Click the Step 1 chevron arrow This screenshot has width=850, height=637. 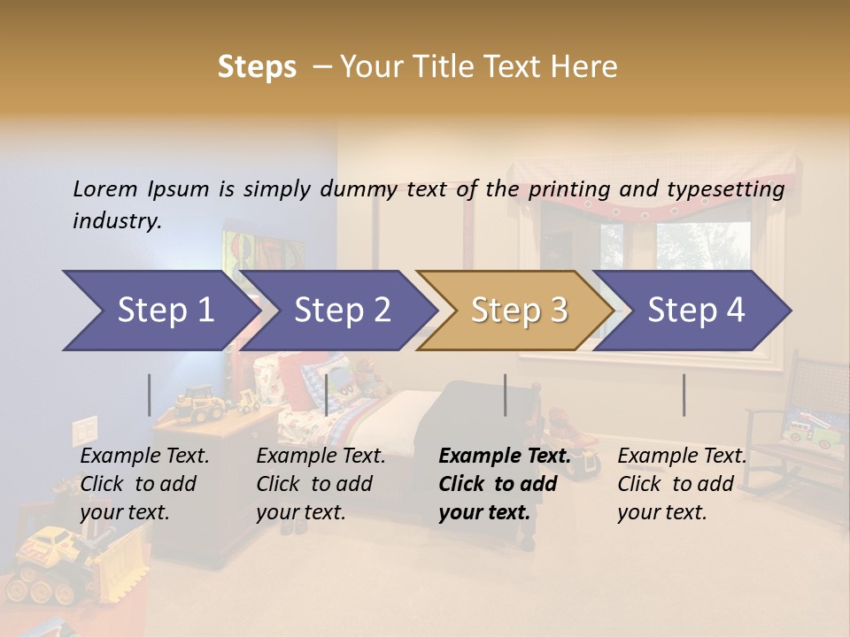click(x=159, y=311)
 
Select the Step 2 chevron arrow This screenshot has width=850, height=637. click(x=341, y=311)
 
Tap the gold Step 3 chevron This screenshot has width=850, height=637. click(x=517, y=311)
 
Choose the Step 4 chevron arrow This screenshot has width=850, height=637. click(x=695, y=311)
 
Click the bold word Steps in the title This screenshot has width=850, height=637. click(x=257, y=67)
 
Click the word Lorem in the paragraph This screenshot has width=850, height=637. click(x=105, y=188)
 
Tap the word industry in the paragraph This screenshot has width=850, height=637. click(x=117, y=220)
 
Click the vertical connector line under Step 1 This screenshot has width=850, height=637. click(x=149, y=395)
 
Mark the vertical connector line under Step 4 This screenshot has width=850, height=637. click(x=684, y=395)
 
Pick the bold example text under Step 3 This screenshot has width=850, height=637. click(x=505, y=484)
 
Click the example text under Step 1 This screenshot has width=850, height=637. click(x=144, y=484)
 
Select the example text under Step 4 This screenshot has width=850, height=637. click(x=682, y=484)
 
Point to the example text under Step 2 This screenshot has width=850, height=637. click(x=321, y=484)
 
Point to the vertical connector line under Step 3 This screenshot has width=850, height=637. click(x=505, y=395)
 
